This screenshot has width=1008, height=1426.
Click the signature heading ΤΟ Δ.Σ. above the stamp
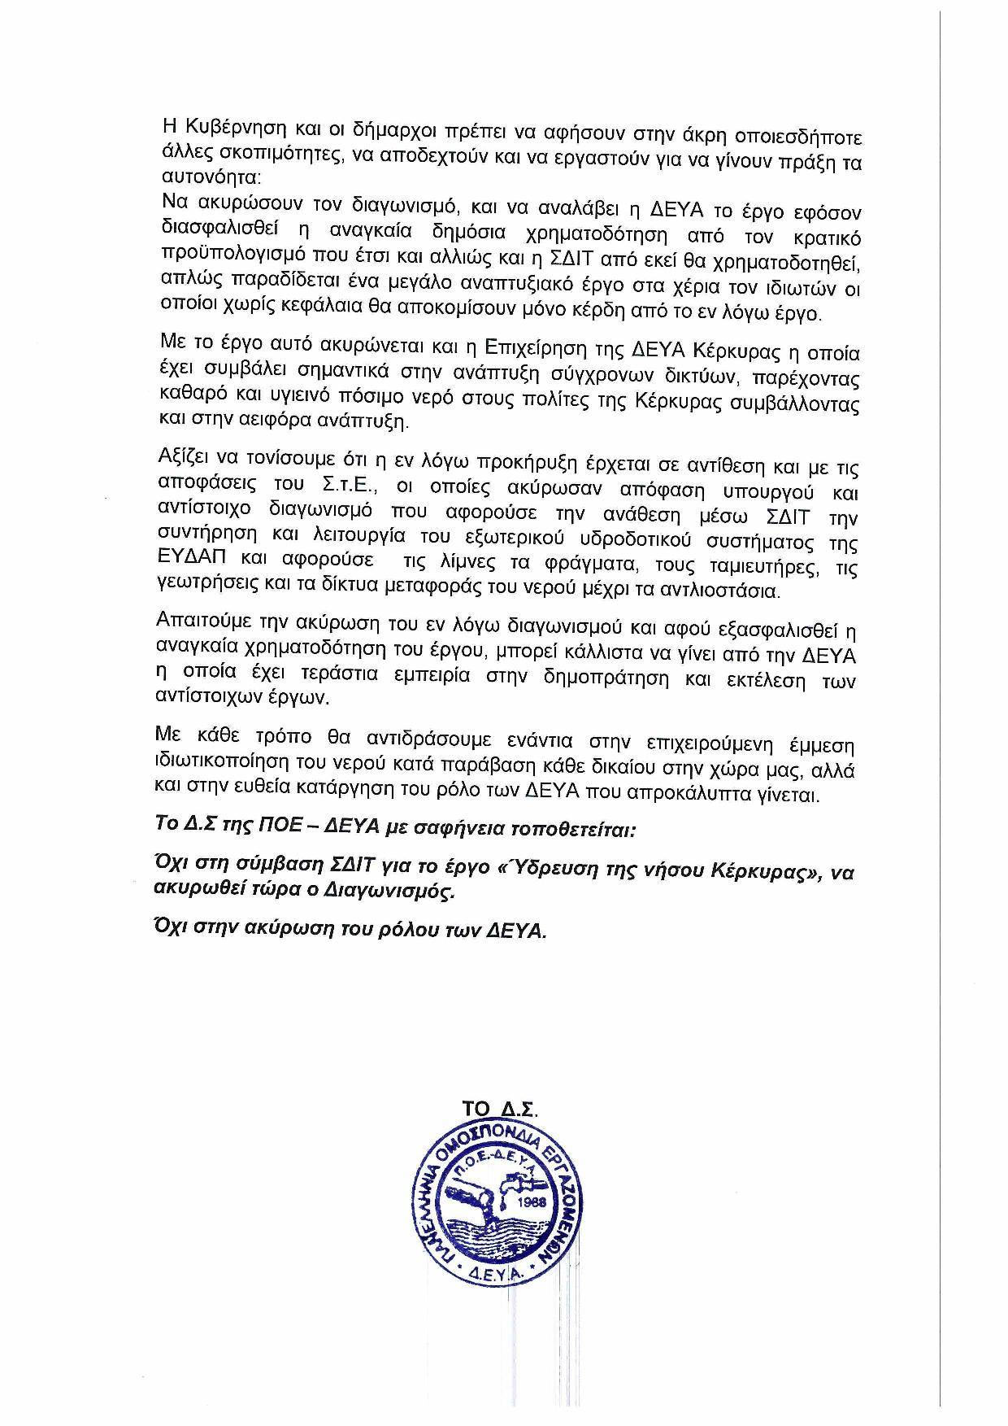(x=500, y=1110)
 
